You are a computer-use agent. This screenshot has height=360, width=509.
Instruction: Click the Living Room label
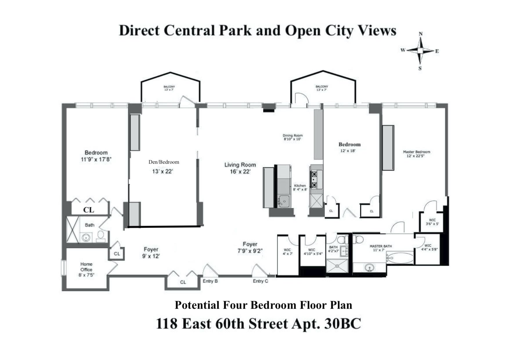coord(240,165)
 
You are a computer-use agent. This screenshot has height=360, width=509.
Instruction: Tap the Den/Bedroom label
coord(164,162)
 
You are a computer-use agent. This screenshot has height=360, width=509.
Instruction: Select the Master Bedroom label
coord(416,152)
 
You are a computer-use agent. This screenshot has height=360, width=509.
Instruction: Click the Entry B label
coord(210,281)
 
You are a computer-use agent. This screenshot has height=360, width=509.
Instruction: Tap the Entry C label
coord(260,281)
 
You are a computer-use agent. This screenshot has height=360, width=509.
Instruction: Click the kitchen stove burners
coord(314,180)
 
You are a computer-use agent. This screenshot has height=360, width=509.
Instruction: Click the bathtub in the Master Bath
coord(400,258)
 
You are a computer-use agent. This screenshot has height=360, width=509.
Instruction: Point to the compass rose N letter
coord(420,34)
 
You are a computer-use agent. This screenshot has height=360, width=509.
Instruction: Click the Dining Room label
coord(293,135)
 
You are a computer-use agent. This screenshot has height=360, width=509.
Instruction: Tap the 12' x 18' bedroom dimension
coord(348,151)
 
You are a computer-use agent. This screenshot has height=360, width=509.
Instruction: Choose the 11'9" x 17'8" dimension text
coord(96,159)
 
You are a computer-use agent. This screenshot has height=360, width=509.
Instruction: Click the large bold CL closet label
coord(89,210)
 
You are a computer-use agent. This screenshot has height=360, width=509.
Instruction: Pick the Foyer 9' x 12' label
coord(151,252)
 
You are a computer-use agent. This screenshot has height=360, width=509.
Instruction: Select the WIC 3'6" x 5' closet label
coord(432,222)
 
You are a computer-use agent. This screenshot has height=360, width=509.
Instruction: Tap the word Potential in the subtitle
coord(197,305)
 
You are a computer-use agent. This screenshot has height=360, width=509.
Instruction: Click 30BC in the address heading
coord(343,323)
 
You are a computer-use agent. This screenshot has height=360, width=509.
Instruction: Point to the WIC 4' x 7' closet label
coord(288,252)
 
